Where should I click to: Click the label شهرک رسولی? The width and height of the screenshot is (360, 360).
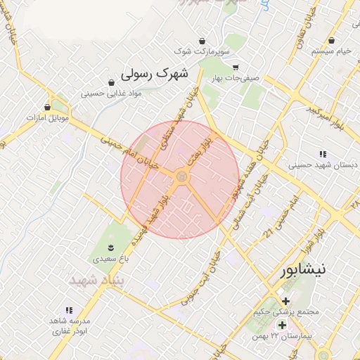tap(156, 72)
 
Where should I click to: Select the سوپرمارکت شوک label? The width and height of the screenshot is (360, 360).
tap(202, 51)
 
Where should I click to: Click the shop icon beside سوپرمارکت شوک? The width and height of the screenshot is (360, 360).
tap(202, 40)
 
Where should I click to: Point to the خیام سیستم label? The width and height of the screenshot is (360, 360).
tap(332, 51)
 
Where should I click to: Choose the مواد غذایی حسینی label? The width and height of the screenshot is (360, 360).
tap(112, 93)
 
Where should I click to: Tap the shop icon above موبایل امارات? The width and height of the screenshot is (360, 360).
tap(47, 107)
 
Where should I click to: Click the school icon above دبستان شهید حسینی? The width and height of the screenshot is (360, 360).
tap(323, 154)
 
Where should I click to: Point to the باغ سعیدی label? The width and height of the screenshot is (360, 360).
tap(110, 259)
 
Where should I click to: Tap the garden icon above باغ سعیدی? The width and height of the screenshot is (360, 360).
tap(110, 246)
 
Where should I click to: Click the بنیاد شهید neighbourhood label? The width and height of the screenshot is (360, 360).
tap(98, 280)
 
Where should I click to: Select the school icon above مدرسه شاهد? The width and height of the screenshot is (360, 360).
tap(69, 310)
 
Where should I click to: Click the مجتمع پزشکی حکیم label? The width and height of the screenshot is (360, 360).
tap(286, 311)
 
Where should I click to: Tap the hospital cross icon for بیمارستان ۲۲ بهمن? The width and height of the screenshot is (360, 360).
tap(282, 325)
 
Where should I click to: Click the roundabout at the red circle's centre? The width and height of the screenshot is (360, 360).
tap(181, 178)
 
